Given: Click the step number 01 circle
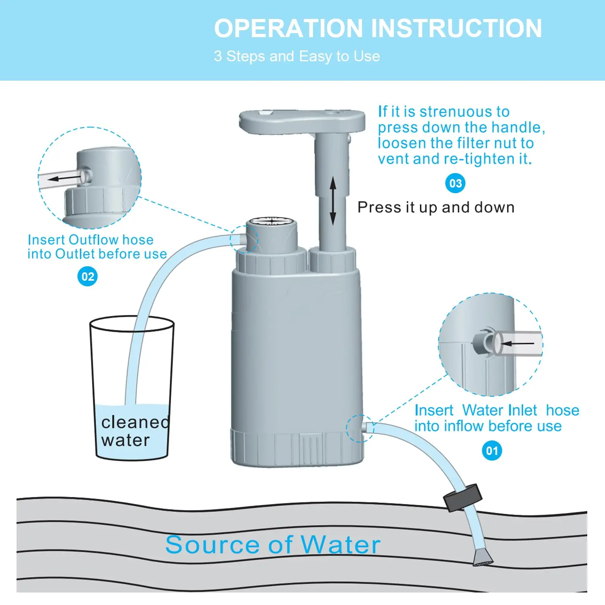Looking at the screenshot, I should coord(492,451).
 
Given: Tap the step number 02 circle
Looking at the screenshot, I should coord(88,277).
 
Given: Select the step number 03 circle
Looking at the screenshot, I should coord(455,184).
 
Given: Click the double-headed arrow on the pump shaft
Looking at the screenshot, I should coord(333,201).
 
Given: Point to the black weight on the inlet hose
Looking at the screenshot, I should coord(463,498).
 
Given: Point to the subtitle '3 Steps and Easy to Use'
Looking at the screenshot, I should coord(297,56).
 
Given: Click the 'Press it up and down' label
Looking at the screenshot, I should coord(436,208).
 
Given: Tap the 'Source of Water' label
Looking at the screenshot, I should coord(273,544).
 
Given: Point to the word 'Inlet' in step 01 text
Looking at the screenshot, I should coord(522,411).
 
